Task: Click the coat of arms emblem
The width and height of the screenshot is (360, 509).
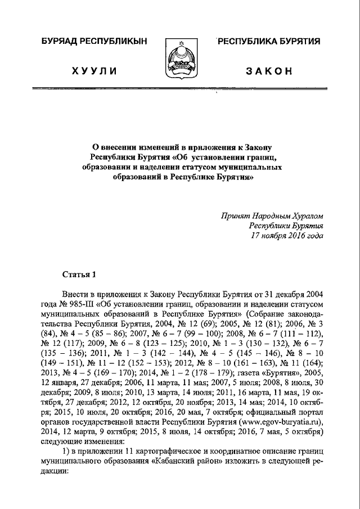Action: [181, 60]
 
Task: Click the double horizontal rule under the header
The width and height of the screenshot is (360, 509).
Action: [180, 89]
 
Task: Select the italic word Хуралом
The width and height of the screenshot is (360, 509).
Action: [305, 215]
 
